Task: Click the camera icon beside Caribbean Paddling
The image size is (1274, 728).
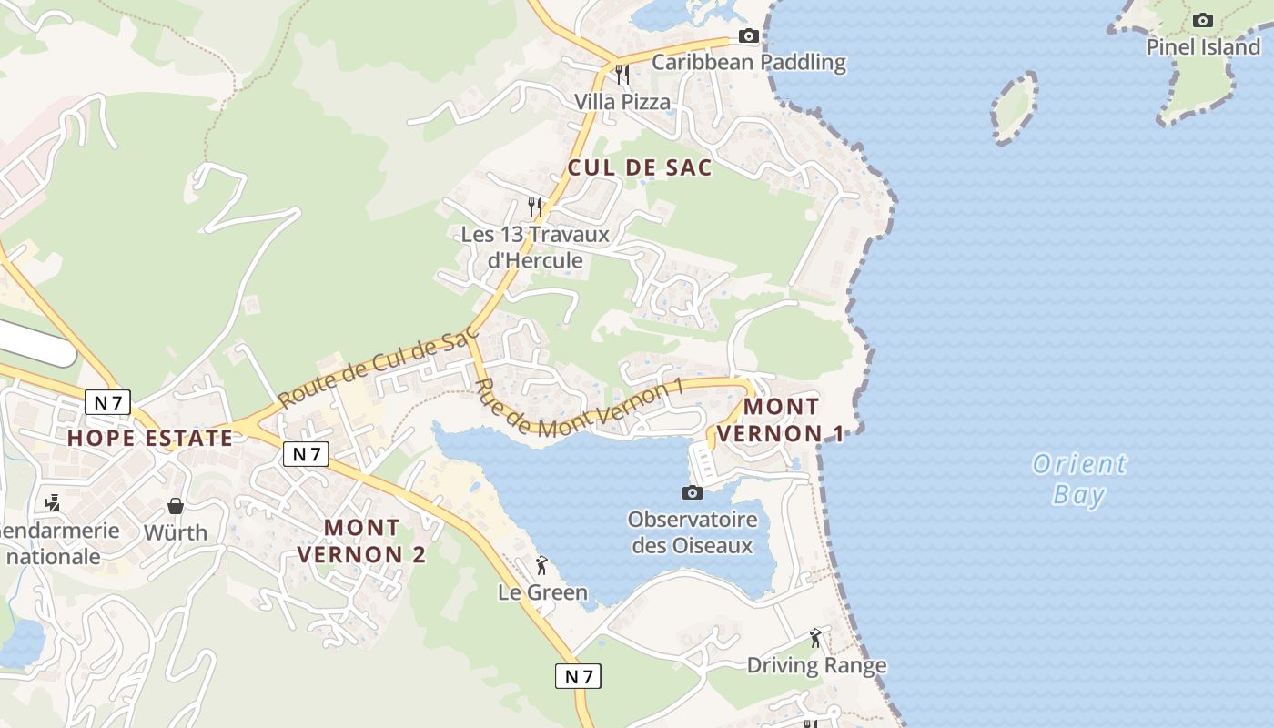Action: pyautogui.click(x=748, y=36)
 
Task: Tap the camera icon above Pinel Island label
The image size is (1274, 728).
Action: pyautogui.click(x=1202, y=20)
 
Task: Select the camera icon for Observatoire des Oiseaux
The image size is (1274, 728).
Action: pyautogui.click(x=692, y=492)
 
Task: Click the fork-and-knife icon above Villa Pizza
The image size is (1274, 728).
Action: pyautogui.click(x=622, y=74)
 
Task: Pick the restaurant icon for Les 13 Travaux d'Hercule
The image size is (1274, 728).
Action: pyautogui.click(x=535, y=207)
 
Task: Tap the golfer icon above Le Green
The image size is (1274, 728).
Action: pyautogui.click(x=541, y=565)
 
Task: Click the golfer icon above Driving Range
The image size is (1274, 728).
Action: pyautogui.click(x=815, y=638)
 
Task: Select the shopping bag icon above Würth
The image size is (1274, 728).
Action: pyautogui.click(x=176, y=506)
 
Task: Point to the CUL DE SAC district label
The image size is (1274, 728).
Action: pyautogui.click(x=640, y=168)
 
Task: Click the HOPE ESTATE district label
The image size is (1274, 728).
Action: pyautogui.click(x=150, y=438)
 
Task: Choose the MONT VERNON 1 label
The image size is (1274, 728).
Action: pyautogui.click(x=780, y=420)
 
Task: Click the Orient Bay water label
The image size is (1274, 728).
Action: pyautogui.click(x=1079, y=480)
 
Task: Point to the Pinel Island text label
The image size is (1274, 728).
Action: pyautogui.click(x=1203, y=47)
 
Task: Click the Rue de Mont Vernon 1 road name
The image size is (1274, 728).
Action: pyautogui.click(x=579, y=409)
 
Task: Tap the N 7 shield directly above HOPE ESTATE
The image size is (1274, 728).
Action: pyautogui.click(x=108, y=401)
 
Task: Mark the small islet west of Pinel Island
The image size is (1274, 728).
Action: pyautogui.click(x=1014, y=107)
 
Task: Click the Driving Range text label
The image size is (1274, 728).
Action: pyautogui.click(x=816, y=665)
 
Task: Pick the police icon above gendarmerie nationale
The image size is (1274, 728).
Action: pyautogui.click(x=53, y=501)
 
